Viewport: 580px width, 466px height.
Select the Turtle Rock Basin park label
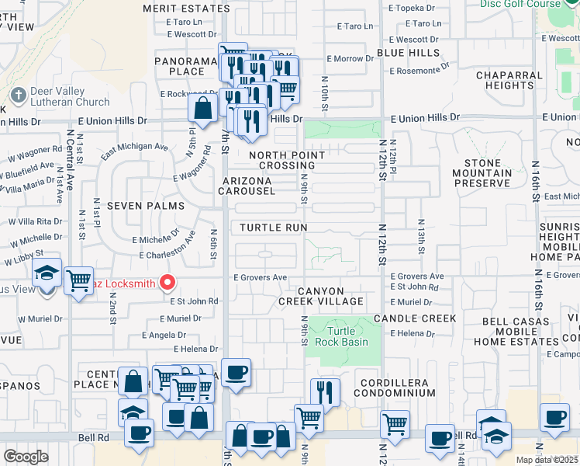click(344, 336)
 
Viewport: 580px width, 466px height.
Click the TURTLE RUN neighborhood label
click(273, 228)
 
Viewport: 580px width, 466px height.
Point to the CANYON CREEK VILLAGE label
click(321, 295)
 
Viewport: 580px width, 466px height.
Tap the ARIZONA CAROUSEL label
click(258, 186)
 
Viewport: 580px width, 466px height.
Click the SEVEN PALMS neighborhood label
click(146, 206)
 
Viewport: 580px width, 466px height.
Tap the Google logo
click(26, 456)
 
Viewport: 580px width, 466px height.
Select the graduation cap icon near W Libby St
click(47, 273)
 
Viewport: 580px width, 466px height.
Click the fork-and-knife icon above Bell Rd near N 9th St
click(325, 392)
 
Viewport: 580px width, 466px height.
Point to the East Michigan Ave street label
click(133, 146)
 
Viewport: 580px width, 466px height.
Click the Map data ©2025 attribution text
click(547, 460)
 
